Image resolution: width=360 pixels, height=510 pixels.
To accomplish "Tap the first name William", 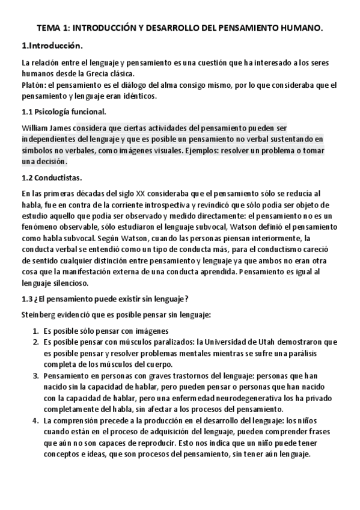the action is (x=35, y=128).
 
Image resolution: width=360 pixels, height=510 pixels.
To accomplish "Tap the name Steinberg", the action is (x=40, y=315).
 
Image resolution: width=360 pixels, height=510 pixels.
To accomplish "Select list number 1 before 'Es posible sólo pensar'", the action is (x=34, y=331).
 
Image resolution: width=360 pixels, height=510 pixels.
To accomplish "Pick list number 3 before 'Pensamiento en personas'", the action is (x=34, y=375).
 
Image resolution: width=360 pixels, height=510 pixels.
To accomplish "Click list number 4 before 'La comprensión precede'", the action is (x=34, y=420).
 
